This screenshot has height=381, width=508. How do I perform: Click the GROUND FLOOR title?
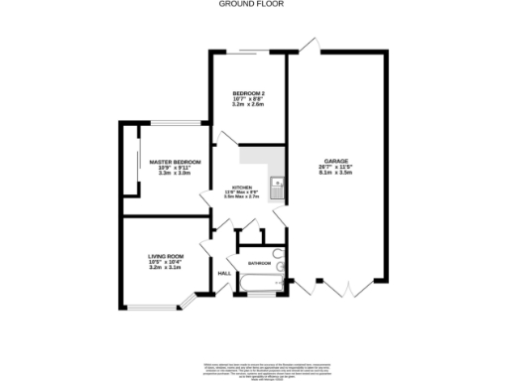[x=253, y=4]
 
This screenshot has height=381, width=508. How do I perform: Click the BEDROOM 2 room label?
[x=248, y=93]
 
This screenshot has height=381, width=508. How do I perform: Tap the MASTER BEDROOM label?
[x=175, y=162]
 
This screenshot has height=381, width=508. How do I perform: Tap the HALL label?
[x=224, y=272]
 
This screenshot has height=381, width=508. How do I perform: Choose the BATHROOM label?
[x=260, y=263]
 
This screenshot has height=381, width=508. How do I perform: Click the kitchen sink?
[x=279, y=185]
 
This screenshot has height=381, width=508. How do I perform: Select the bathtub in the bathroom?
[x=261, y=288]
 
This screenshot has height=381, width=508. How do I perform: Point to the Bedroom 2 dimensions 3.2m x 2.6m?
[x=248, y=105]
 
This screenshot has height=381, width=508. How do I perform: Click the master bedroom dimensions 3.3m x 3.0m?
[x=175, y=174]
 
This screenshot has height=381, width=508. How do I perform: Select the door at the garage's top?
[x=310, y=45]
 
